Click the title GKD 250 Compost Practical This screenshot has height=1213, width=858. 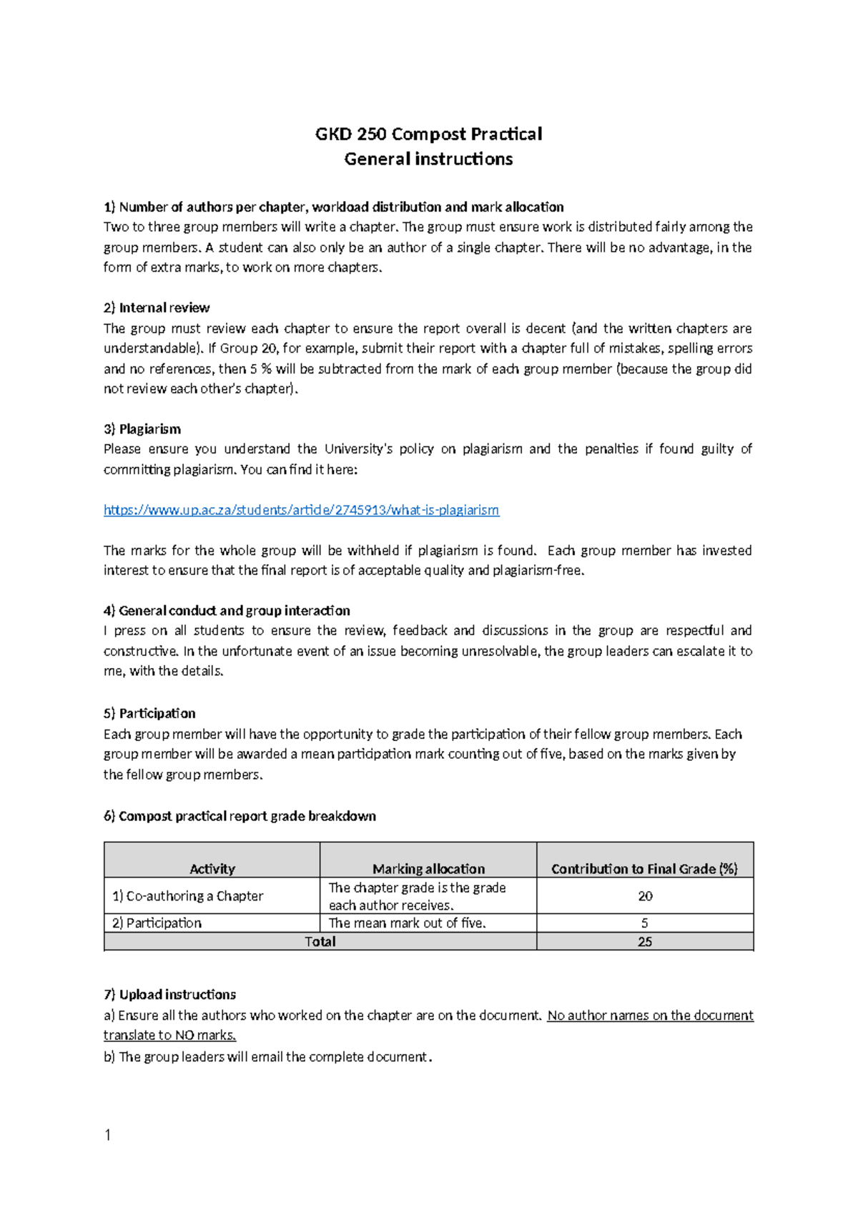click(428, 134)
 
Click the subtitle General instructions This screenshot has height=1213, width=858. click(428, 159)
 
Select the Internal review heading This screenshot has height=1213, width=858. click(157, 308)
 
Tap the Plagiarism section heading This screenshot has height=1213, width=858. click(142, 429)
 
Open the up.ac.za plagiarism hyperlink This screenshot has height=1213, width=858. click(301, 510)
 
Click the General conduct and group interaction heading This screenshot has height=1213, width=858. click(227, 611)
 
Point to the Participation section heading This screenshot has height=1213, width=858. click(149, 713)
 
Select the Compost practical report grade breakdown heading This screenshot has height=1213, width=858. click(240, 816)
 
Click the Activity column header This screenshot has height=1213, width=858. click(212, 868)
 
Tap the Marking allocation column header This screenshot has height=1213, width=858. click(428, 868)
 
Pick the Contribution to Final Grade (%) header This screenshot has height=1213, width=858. click(644, 868)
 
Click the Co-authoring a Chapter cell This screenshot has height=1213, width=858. click(188, 896)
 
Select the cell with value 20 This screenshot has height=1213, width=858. click(645, 896)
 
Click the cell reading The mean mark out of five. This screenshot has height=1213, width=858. click(407, 923)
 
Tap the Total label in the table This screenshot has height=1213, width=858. click(320, 942)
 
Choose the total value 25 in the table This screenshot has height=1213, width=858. click(645, 942)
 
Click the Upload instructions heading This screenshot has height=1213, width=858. click(169, 994)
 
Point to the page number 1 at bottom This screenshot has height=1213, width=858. click(107, 1135)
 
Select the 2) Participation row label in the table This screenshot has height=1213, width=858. click(157, 923)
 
